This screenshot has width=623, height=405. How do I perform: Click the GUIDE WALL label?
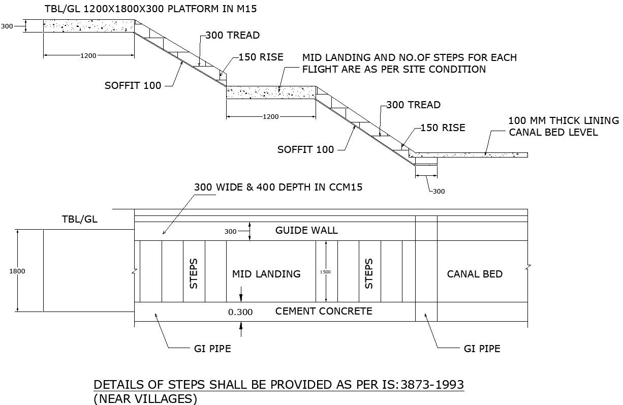pos(306,230)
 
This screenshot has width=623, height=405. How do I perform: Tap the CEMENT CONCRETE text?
pos(324,311)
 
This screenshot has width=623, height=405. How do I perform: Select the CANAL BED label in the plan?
pos(475,274)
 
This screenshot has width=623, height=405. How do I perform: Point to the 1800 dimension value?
pos(17,271)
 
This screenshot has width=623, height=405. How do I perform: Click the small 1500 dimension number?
pos(325,272)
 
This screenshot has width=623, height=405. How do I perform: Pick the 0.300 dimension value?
pos(240,312)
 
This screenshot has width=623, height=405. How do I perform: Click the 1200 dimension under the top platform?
pos(88,55)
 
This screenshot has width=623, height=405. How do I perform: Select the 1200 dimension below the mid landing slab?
pos(271,117)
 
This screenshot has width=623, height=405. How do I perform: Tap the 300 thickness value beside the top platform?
pos(7,26)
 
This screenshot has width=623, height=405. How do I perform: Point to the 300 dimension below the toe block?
pos(439,192)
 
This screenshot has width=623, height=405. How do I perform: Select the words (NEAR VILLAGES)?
pos(145,399)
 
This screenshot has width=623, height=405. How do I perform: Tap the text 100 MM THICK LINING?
pos(564,121)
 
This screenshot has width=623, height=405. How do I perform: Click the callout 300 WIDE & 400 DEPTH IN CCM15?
pos(278,187)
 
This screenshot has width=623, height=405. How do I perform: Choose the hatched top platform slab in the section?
pos(88,26)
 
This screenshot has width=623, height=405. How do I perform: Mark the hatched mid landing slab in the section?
pos(271,92)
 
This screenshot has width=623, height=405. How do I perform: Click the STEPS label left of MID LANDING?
pos(194,274)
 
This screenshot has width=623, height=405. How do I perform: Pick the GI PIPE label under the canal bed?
pos(482,349)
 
